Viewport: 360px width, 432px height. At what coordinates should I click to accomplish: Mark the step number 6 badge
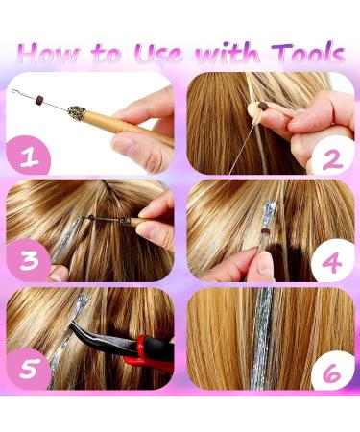tap(332, 370)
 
